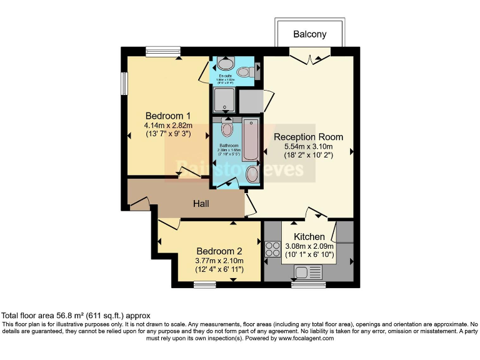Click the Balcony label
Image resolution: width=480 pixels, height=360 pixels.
[309, 34]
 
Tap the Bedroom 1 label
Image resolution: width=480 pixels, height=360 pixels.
[167, 116]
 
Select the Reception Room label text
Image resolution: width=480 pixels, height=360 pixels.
[308, 137]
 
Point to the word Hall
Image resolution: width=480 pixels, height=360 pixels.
[201, 204]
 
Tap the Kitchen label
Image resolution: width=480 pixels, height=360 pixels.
[309, 237]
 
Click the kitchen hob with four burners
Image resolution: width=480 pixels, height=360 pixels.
[273, 249]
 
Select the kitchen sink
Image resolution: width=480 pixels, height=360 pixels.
[308, 272]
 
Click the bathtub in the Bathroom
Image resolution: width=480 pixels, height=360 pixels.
[250, 139]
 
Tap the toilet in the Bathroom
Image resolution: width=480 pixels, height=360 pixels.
[227, 129]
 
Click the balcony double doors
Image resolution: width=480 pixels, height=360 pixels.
[309, 58]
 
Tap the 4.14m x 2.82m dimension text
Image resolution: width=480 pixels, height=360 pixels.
[167, 125]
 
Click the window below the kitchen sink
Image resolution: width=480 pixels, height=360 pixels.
[308, 285]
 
